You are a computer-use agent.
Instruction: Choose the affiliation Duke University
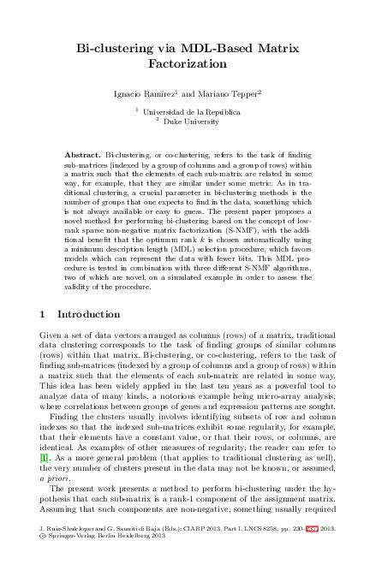194,122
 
